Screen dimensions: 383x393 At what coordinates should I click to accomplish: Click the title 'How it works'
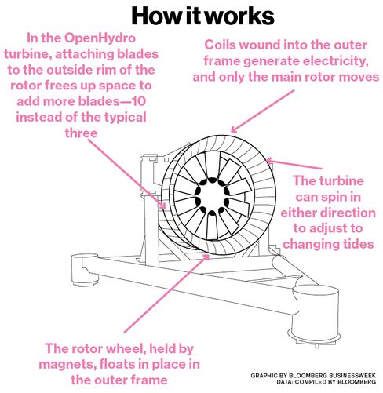click(x=202, y=16)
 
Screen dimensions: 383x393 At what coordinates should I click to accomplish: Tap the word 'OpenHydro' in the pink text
click(x=100, y=38)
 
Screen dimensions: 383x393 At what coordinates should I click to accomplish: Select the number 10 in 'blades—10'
click(x=139, y=101)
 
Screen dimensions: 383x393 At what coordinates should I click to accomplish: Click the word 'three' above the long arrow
click(x=81, y=133)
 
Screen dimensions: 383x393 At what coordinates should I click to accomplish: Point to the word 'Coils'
click(x=221, y=45)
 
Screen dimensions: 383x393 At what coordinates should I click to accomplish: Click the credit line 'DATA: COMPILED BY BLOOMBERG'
click(x=326, y=382)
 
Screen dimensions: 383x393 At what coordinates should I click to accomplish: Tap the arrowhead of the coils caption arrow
click(x=234, y=130)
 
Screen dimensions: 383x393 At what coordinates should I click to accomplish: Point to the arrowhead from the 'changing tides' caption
click(x=269, y=161)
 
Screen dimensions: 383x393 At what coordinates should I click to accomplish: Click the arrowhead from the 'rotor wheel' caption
click(x=206, y=257)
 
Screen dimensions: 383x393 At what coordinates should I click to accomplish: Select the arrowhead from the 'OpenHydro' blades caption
click(x=163, y=206)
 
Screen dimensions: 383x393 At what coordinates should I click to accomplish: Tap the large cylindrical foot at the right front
click(x=315, y=315)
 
